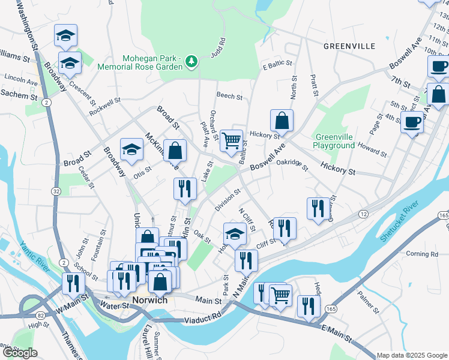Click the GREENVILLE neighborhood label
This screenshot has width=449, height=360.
349,46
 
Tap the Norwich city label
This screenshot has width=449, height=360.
149,299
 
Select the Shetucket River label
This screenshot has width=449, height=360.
399,221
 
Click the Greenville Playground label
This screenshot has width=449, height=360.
334,141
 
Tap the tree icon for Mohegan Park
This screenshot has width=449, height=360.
191,61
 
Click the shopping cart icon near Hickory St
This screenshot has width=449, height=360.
231,141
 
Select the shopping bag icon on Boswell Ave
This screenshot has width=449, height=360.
282,121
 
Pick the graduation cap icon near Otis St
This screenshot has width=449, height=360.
131,151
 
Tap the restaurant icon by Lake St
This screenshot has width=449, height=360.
185,188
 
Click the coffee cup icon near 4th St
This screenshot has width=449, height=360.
412,122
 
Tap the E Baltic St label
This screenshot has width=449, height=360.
277,63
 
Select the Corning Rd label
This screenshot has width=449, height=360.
422,254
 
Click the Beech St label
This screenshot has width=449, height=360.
229,96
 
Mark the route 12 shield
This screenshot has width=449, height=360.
364,214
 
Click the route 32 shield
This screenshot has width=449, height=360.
56,191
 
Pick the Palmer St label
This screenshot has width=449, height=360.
368,303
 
